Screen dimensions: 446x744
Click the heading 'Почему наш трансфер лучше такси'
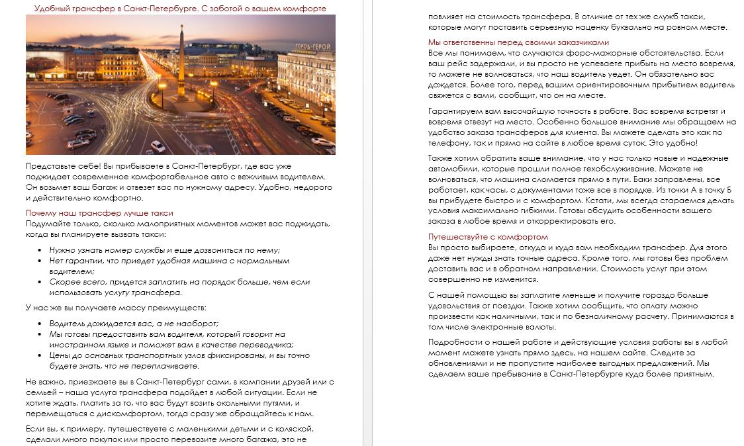coord(99,213)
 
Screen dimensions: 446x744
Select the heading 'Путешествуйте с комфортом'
coord(488,236)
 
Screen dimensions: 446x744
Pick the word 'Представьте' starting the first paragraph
coord(50,166)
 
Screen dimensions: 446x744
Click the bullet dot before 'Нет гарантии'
coord(41,261)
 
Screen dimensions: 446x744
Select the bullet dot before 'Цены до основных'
coord(41,355)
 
